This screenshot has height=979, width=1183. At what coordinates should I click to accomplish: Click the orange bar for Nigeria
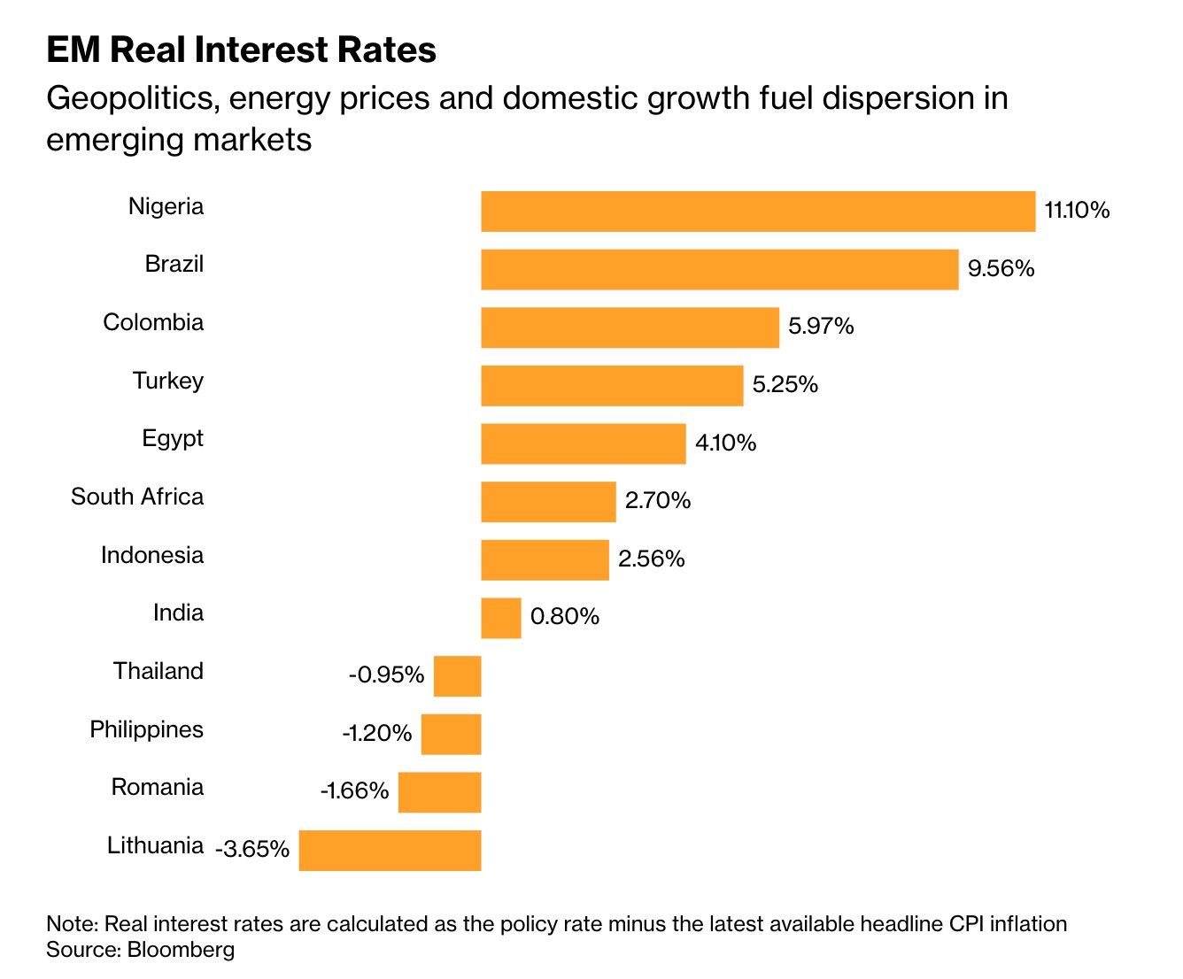pos(758,212)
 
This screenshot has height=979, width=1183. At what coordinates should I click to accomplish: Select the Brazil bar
pos(720,270)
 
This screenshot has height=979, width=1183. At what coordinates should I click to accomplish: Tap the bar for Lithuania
pos(390,851)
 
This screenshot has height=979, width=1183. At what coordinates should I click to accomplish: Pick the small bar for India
pos(501,618)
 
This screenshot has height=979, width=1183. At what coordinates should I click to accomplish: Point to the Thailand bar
pos(457,676)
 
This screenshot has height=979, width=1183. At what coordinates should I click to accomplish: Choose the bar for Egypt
pos(584,443)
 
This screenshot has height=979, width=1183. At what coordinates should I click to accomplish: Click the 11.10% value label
pos(1077,210)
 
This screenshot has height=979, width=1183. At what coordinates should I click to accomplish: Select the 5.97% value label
pos(821,327)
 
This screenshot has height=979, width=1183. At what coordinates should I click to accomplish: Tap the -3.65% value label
pos(252,849)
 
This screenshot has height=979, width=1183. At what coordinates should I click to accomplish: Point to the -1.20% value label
pos(376,734)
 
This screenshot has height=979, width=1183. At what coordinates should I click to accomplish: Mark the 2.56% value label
pos(652,559)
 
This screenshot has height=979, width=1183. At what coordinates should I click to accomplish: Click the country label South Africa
pos(137,497)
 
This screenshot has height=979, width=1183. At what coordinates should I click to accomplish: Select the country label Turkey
pos(167,382)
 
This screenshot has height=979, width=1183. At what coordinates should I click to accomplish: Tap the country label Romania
pos(158,788)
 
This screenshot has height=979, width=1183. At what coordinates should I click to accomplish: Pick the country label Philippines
pos(147,730)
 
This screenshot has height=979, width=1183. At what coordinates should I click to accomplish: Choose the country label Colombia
pos(153,323)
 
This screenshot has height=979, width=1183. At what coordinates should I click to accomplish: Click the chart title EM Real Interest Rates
pos(242,50)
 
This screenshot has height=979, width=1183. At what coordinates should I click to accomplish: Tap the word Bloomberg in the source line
pos(181,950)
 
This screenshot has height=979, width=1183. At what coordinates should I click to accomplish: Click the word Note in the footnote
pos(73,924)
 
